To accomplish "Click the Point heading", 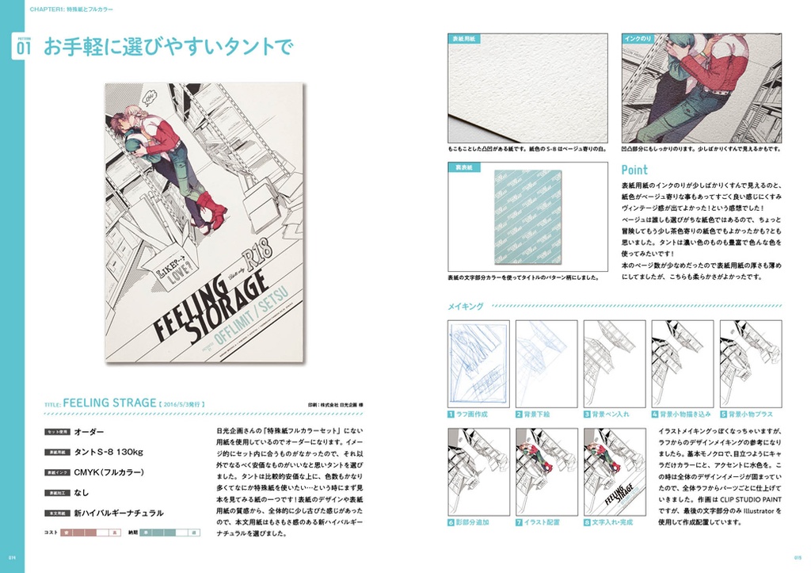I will pyautogui.click(x=634, y=170).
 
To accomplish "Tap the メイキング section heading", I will pyautogui.click(x=466, y=304).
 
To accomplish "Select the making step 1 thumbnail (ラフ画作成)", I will pyautogui.click(x=478, y=362).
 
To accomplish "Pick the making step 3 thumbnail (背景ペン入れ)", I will pyautogui.click(x=615, y=362).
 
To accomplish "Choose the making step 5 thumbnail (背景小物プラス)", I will pyautogui.click(x=750, y=362).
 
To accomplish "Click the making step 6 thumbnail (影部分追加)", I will pyautogui.click(x=478, y=472).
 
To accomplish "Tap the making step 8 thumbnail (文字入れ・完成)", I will pyautogui.click(x=615, y=472).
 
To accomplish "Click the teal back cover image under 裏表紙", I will pyautogui.click(x=527, y=216).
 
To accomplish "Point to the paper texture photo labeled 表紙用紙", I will pyautogui.click(x=527, y=87).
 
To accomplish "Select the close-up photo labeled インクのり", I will pyautogui.click(x=701, y=87).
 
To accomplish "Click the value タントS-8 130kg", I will pyautogui.click(x=109, y=452).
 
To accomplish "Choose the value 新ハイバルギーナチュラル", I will pyautogui.click(x=119, y=513).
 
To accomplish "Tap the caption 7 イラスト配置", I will pyautogui.click(x=542, y=523).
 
